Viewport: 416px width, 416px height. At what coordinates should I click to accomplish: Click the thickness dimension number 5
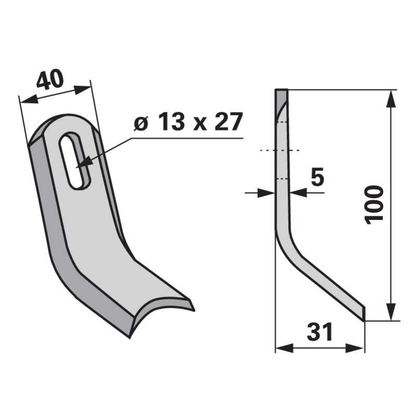317,177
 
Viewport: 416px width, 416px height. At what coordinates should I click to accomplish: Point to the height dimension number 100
374,203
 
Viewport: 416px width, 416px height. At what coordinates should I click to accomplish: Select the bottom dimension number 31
319,332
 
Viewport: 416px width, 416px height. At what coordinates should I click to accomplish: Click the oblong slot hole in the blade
75,160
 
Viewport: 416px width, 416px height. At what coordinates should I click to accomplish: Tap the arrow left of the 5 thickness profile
267,193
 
